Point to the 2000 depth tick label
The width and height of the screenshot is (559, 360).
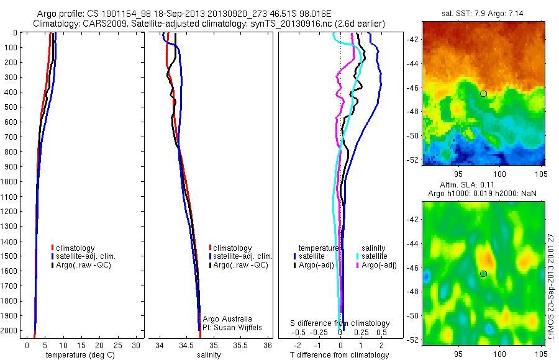[x=11, y=331]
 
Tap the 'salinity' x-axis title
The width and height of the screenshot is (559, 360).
[x=208, y=355]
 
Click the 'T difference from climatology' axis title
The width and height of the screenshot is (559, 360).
[x=340, y=355]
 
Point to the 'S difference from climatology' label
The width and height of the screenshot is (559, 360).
[x=340, y=323]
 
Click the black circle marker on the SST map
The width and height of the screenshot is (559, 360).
[x=483, y=93]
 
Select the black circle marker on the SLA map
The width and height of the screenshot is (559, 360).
[x=483, y=273]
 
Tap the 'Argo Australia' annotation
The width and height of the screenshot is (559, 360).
[x=228, y=318]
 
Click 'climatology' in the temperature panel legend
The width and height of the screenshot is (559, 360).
[x=77, y=248]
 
